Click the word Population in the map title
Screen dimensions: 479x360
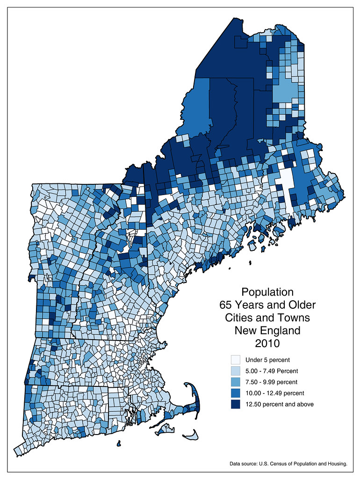pos(267,292)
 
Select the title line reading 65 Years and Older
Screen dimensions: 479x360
pos(267,305)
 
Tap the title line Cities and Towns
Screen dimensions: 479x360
pos(267,318)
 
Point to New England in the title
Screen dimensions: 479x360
pos(267,331)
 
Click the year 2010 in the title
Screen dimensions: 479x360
pos(267,343)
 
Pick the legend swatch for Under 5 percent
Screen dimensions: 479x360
pos(236,360)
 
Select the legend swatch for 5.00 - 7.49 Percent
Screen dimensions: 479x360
pos(236,371)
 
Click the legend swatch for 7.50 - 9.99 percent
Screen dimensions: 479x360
pos(236,382)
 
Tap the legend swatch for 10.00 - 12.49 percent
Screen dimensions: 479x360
pos(236,393)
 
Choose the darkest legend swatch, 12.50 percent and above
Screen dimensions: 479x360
pos(236,404)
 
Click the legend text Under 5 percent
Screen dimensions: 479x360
pos(267,360)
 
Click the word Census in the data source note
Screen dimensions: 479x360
pos(281,464)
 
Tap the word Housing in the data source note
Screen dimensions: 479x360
pos(335,464)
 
